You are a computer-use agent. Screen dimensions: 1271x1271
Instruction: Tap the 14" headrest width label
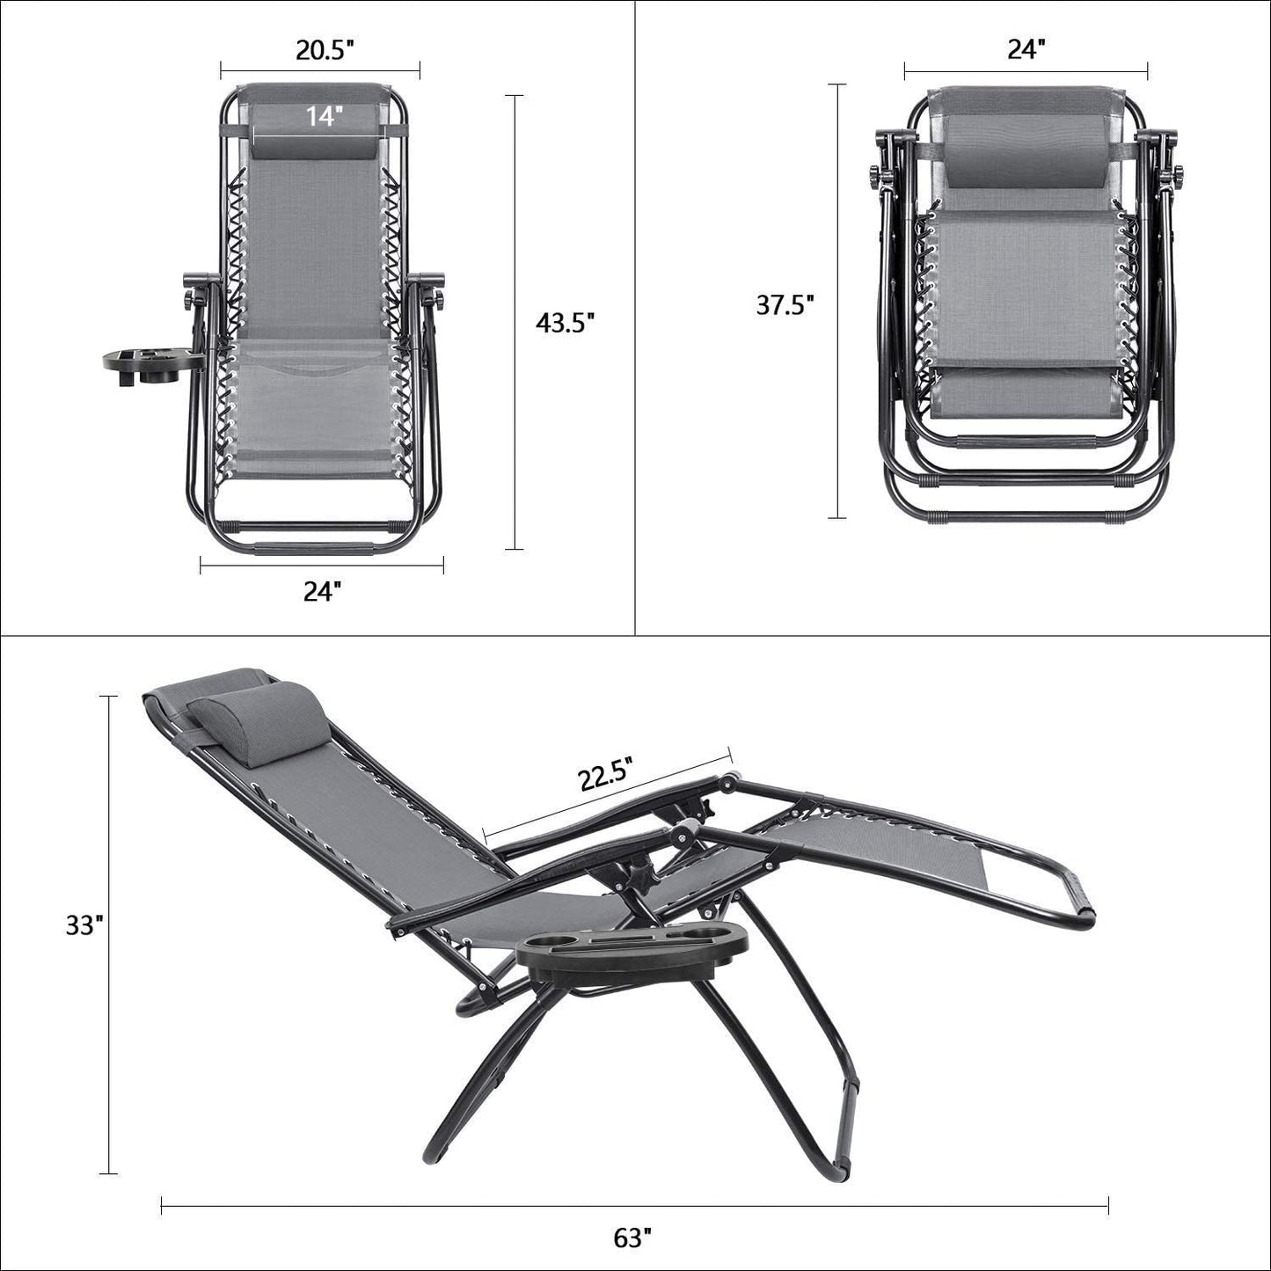324,115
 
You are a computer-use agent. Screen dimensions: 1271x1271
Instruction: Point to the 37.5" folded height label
785,304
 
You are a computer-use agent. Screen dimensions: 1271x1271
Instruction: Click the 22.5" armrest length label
606,777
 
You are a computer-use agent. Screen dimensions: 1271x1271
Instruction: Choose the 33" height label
84,926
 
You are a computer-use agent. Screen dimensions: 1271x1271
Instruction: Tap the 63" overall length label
633,1238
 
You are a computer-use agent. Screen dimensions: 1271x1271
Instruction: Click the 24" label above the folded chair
1024,50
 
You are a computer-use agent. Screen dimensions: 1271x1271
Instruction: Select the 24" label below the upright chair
321,593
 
